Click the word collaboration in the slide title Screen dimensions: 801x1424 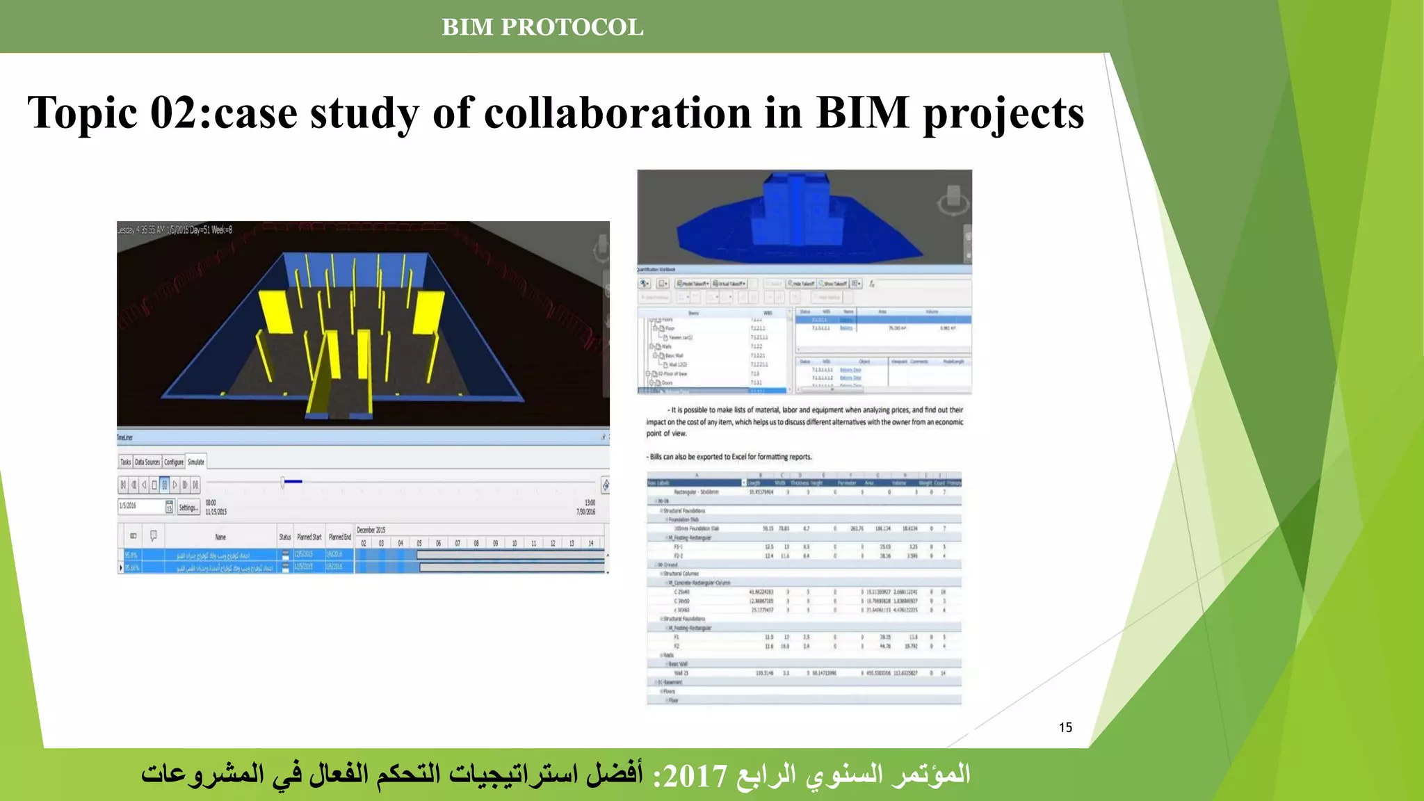coord(618,113)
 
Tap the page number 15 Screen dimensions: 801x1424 coord(1065,727)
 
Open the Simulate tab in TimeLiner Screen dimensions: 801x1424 coord(196,462)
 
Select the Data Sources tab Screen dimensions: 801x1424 coord(147,462)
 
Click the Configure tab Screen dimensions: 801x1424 coord(174,462)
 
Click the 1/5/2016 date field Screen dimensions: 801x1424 coord(141,506)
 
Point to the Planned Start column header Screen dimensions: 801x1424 coord(309,537)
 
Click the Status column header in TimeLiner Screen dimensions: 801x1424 coord(285,537)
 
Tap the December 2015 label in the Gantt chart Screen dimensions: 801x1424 coord(371,530)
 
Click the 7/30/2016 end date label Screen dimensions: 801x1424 coord(585,512)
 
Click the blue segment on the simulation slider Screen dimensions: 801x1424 coord(293,481)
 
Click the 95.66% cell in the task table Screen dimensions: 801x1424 coord(132,567)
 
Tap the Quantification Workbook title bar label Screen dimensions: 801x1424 coord(656,269)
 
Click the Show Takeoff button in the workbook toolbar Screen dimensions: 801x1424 coord(833,284)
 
